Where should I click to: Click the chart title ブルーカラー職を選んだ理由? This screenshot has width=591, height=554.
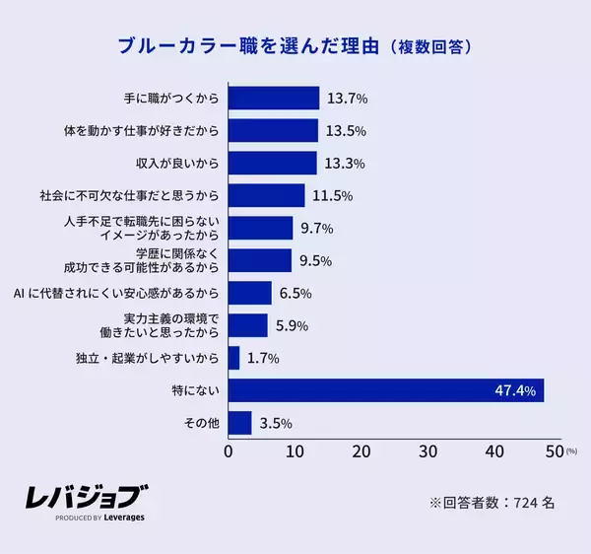pos(249,45)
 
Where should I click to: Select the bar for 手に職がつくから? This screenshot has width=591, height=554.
pos(274,99)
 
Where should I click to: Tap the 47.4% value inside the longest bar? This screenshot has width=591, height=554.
pos(515,391)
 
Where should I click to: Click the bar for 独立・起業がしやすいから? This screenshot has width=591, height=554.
pos(233,358)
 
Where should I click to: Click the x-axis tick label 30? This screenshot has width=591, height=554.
pos(427,451)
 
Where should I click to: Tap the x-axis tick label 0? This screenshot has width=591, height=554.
pos(229,451)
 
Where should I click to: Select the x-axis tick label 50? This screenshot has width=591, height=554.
pos(556,451)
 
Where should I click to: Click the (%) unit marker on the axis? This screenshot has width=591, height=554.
pos(572,452)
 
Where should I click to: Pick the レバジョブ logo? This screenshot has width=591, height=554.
pos(88,497)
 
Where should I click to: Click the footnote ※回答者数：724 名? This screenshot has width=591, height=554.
pos(492,502)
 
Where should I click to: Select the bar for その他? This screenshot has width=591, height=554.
pos(239,424)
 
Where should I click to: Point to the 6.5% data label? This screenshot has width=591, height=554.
pos(295,294)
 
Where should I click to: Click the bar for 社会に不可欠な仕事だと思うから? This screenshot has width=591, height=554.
pos(266,196)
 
